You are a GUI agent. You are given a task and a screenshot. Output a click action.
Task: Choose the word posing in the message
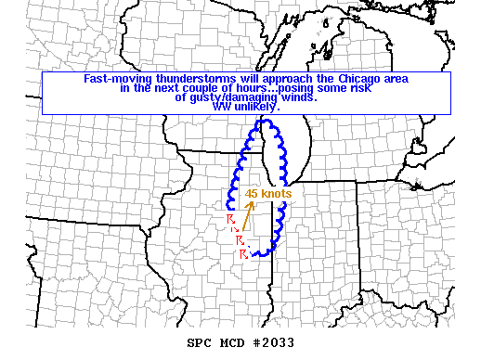296,89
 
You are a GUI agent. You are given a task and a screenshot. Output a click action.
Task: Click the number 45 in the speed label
251,194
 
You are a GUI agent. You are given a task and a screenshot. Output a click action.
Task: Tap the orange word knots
276,194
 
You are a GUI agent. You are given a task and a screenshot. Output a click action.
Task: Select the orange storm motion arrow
246,214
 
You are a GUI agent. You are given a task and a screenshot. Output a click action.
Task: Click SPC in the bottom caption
200,342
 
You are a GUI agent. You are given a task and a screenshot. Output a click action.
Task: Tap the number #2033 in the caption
273,342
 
